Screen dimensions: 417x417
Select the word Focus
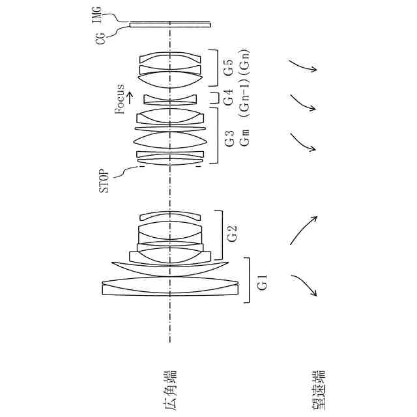click(119, 99)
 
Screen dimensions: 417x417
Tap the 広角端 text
click(170, 389)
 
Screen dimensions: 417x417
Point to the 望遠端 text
click(319, 389)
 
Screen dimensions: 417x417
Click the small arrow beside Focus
click(130, 97)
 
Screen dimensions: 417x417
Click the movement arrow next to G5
click(303, 65)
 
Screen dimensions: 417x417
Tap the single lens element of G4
click(169, 99)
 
